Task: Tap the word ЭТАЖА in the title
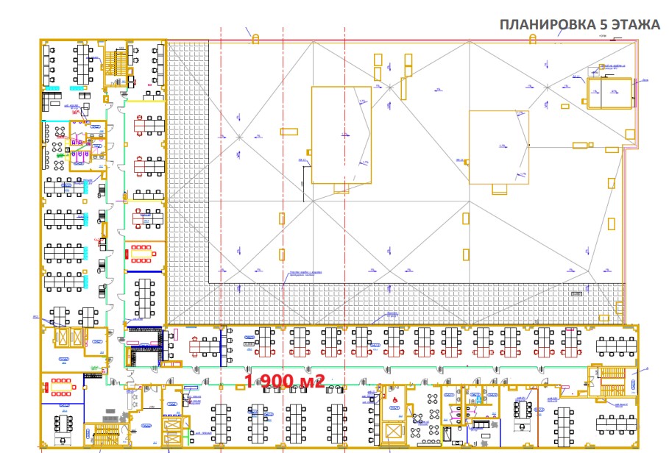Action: (x=634, y=25)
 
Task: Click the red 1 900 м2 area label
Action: (x=284, y=382)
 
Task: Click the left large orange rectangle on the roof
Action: (x=341, y=135)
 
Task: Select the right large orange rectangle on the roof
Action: (x=499, y=146)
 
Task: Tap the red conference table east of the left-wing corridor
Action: (x=141, y=254)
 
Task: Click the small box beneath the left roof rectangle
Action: (x=341, y=188)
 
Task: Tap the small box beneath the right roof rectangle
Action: (x=499, y=190)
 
